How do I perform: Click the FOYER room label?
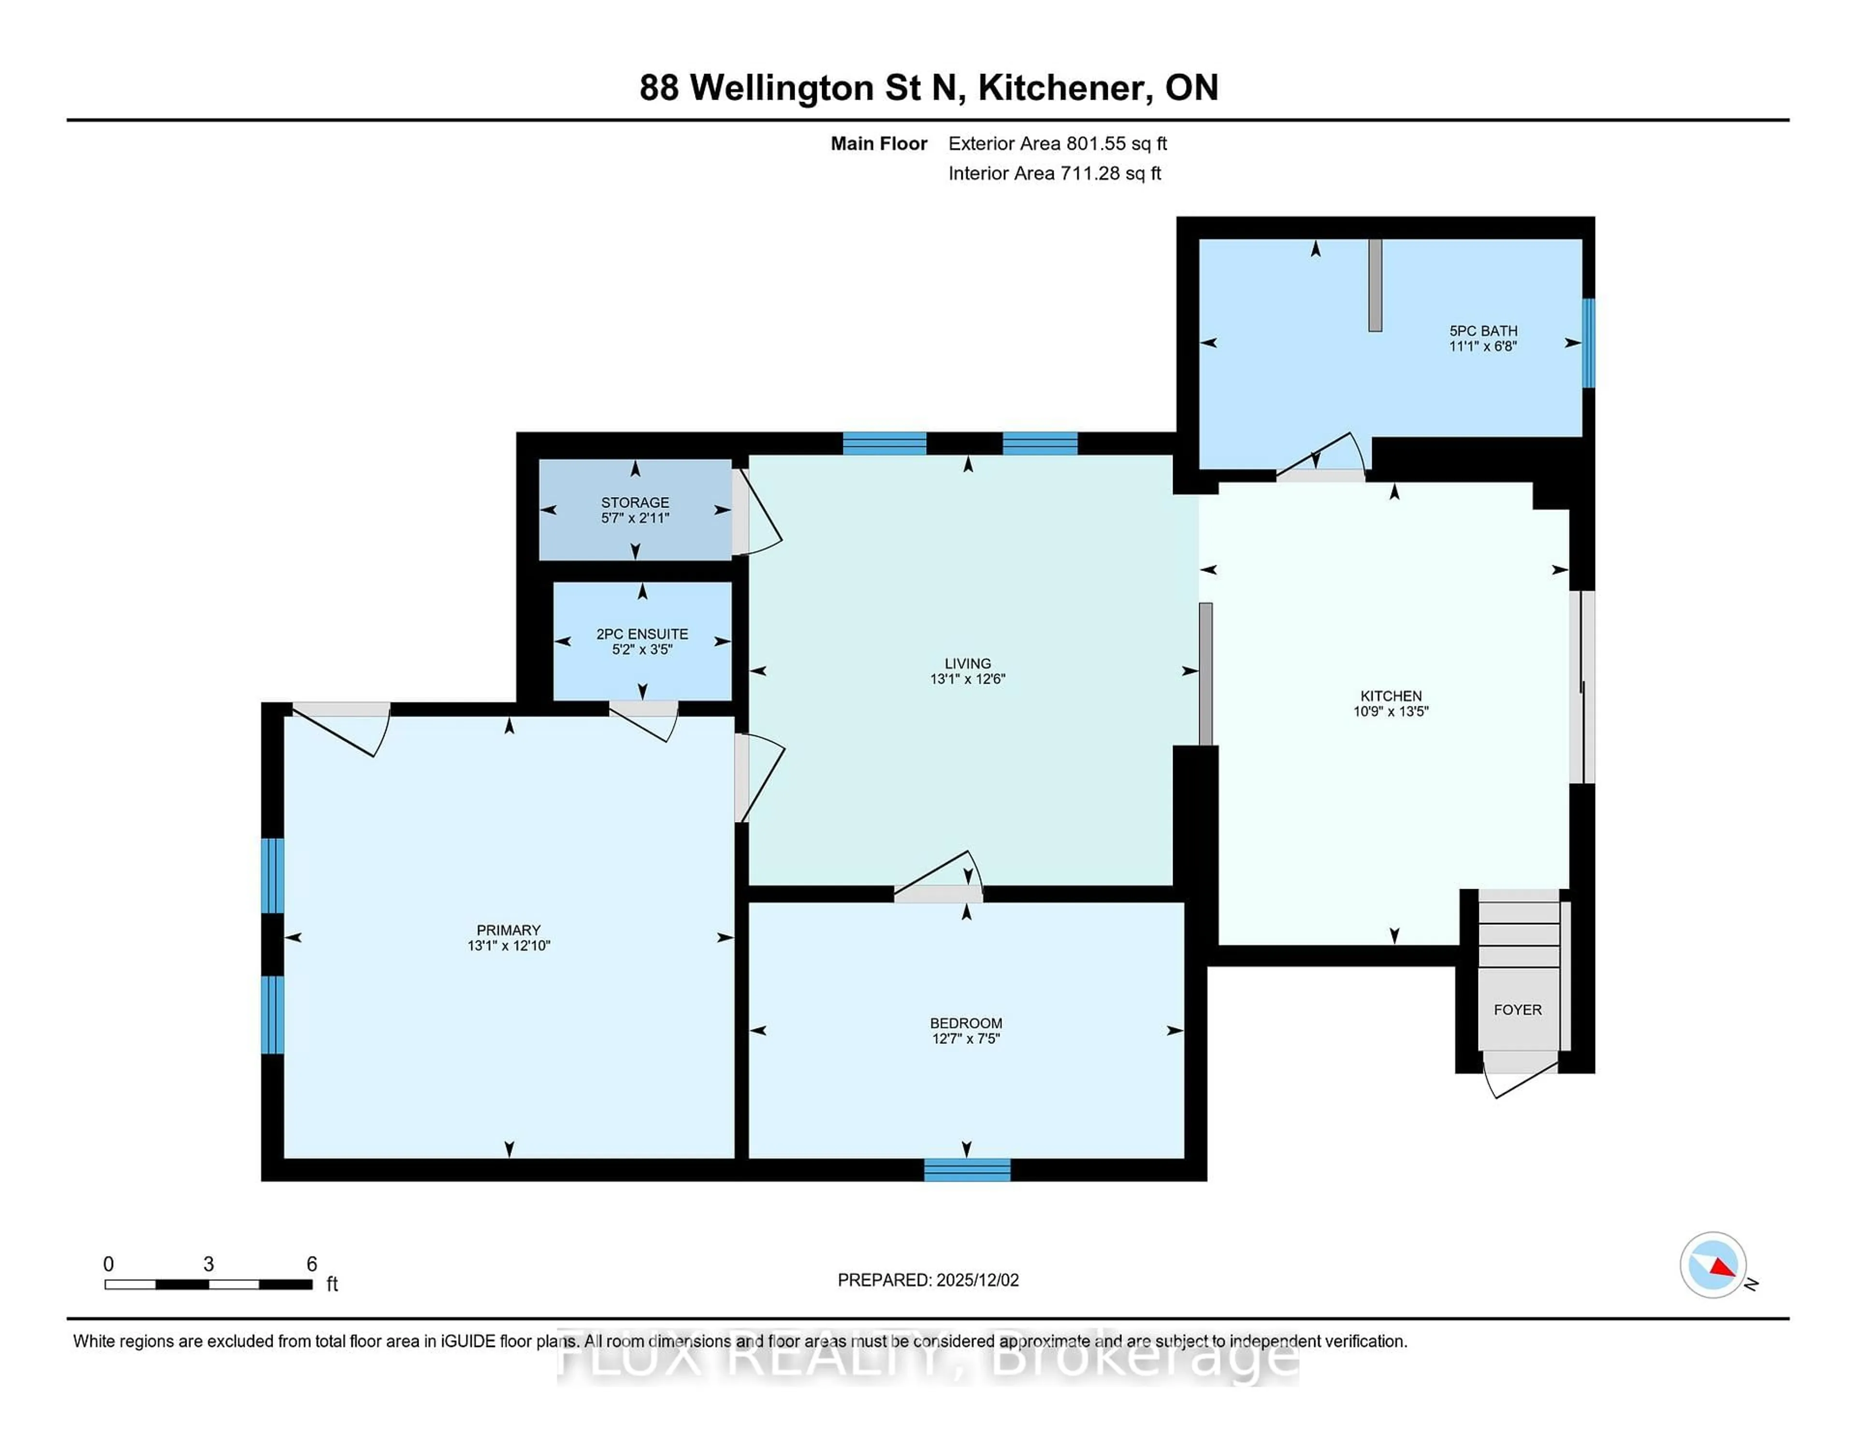[x=1517, y=1010]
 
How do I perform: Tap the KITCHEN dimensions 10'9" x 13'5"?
[x=1390, y=712]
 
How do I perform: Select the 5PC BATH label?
[x=1483, y=331]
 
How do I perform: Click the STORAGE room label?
[x=635, y=502]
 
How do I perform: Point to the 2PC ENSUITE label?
[x=641, y=634]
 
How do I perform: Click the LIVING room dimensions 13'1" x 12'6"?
[x=967, y=679]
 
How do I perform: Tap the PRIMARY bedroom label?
[x=508, y=930]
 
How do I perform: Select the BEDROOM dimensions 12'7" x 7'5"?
[x=965, y=1039]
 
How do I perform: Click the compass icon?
[x=1712, y=1265]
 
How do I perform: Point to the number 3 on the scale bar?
[x=208, y=1264]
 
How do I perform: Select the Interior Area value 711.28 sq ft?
[x=1110, y=174]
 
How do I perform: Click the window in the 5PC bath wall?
[x=1587, y=343]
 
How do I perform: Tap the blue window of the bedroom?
[x=967, y=1171]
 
